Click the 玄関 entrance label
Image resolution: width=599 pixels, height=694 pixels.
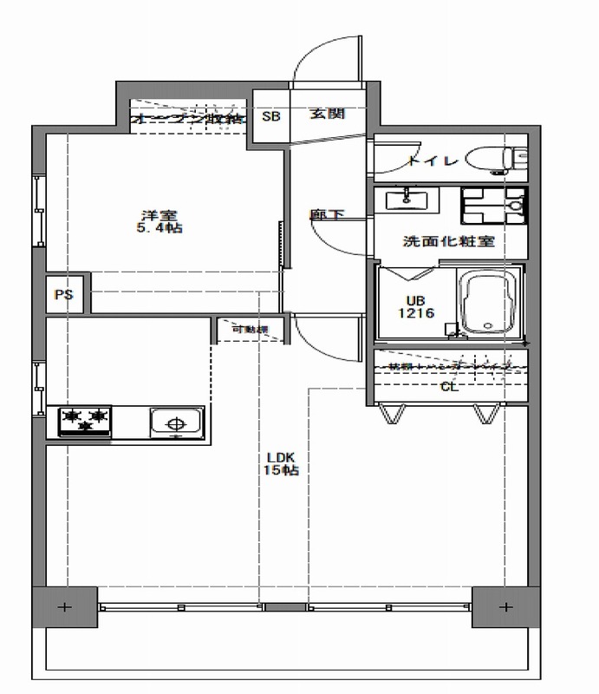[x=329, y=115]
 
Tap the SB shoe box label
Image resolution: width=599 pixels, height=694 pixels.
[x=270, y=115]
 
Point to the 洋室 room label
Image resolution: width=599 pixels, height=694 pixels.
[x=158, y=215]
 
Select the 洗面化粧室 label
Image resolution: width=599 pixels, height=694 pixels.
[x=449, y=242]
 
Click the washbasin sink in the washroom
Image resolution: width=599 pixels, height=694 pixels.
[x=406, y=200]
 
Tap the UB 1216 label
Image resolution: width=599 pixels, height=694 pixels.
[x=413, y=307]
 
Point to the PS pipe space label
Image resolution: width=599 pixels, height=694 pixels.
[x=63, y=295]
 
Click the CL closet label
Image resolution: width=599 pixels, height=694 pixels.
[x=449, y=388]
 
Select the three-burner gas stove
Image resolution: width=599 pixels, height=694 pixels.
[x=86, y=421]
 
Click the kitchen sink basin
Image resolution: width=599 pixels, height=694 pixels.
[x=176, y=423]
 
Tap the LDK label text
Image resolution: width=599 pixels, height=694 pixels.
[x=281, y=457]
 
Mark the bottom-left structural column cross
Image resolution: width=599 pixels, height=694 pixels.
[x=63, y=605]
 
